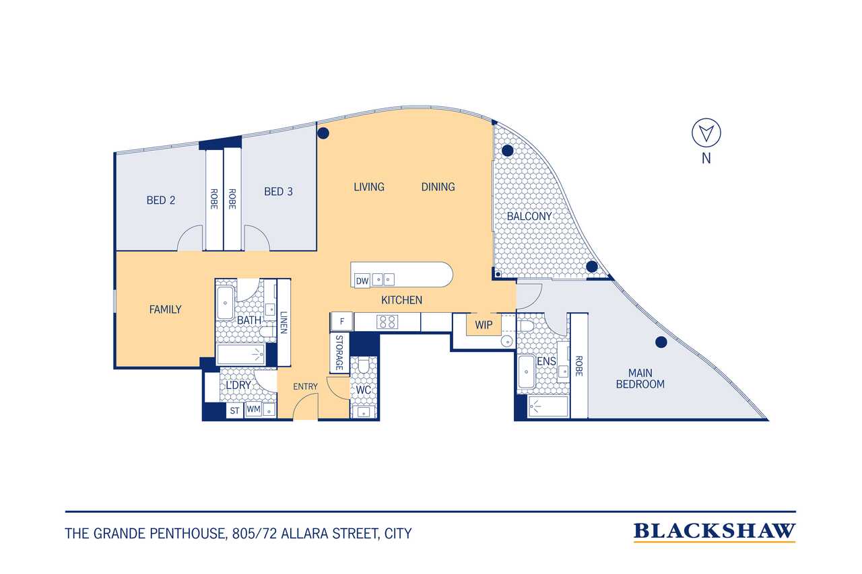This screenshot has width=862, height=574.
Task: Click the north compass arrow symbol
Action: pos(706,133)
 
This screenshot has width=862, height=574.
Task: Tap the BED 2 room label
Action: pos(161,201)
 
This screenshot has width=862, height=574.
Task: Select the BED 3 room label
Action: pos(278,192)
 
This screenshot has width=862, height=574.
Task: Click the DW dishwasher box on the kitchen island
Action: pos(362,281)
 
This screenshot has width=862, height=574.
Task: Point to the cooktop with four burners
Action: pos(387,322)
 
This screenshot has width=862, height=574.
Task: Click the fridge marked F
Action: pos(341,322)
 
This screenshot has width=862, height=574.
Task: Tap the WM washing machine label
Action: pos(253,409)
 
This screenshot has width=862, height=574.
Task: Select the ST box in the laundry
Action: pos(235,410)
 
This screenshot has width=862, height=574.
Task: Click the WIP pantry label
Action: pos(484,325)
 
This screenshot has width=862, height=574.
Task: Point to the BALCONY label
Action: pos(529,216)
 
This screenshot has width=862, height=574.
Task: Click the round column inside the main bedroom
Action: pos(661,342)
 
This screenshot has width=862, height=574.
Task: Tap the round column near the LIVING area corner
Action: pos(323,133)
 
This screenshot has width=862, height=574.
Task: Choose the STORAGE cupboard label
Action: pos(339,353)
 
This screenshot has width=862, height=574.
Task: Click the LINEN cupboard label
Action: pos(284,322)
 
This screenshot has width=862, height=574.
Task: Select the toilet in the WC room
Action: pos(363,366)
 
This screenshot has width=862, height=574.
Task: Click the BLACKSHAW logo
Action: pos(715,532)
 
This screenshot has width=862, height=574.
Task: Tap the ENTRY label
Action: pos(305,386)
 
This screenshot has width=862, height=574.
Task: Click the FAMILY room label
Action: pos(165,309)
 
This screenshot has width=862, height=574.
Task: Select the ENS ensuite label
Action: pos(546,361)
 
